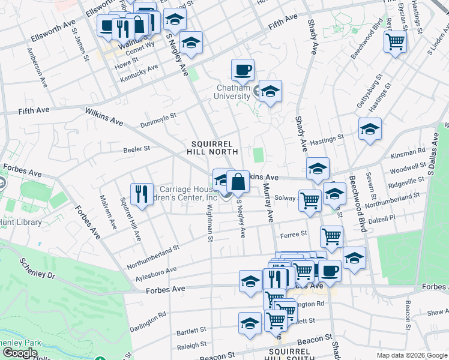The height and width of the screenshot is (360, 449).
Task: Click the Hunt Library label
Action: coord(21,223)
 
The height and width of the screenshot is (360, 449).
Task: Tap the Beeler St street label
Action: coord(136,149)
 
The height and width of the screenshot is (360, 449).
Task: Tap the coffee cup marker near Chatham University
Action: coord(243,70)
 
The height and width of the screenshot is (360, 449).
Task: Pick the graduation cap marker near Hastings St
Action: coord(370,129)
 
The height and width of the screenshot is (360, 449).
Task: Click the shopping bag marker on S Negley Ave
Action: coord(238,181)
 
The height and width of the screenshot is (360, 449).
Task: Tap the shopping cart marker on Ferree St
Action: coord(331,236)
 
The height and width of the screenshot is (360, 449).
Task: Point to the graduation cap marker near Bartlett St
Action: coord(250,323)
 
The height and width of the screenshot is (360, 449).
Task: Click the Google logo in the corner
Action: coord(19,353)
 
